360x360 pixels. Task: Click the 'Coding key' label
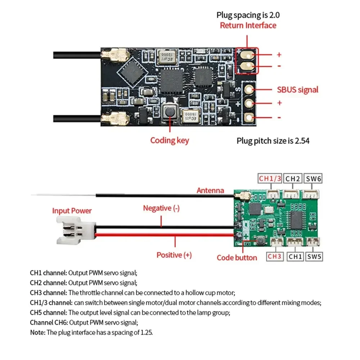click(169, 140)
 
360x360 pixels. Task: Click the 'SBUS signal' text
click(298, 89)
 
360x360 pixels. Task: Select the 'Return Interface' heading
click(248, 26)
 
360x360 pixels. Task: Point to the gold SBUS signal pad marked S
click(248, 89)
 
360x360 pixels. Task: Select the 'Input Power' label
click(72, 211)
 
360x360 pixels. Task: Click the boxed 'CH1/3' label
click(270, 178)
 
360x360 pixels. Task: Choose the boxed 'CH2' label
click(293, 178)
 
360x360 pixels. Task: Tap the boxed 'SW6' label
click(314, 178)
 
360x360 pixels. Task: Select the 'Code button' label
click(237, 257)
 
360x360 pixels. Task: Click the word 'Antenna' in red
click(210, 190)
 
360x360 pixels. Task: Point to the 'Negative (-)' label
click(161, 208)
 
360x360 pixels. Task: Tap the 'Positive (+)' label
click(174, 255)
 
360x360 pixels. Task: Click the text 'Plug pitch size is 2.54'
click(273, 140)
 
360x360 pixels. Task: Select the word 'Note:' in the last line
click(38, 332)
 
